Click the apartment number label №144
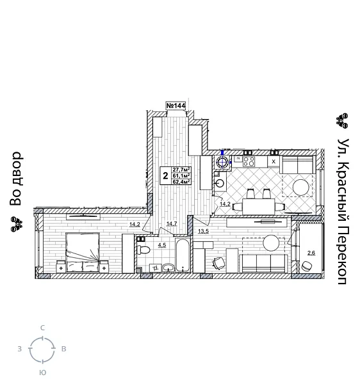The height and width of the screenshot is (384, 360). click(x=176, y=106)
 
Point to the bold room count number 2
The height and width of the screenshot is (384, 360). click(x=165, y=175)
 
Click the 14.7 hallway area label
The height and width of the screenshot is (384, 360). click(x=171, y=224)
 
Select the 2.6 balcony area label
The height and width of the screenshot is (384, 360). click(x=311, y=253)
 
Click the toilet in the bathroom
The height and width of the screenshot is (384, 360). click(x=143, y=249)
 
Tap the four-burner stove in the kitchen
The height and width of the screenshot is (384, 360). click(x=249, y=161)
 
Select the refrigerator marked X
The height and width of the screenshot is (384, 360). click(x=274, y=161)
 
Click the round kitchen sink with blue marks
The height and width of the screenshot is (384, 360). click(x=223, y=162)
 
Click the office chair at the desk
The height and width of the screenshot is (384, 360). click(x=218, y=263)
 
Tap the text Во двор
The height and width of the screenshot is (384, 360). click(x=16, y=179)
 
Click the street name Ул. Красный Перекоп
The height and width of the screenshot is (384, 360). click(x=343, y=211)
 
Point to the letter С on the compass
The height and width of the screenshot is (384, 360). click(x=42, y=328)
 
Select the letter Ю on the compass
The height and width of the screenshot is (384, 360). click(x=42, y=372)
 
